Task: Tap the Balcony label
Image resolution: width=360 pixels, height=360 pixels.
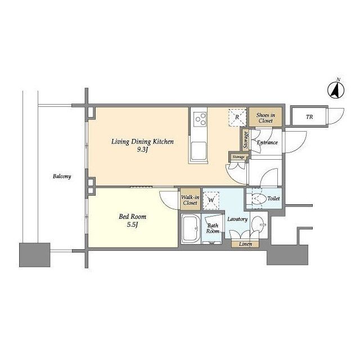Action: point(62,176)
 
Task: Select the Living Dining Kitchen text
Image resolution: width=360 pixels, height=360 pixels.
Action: point(142,142)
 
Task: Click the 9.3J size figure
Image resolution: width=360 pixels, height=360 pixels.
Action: point(142,150)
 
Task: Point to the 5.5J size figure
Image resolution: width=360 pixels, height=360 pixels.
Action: point(132,224)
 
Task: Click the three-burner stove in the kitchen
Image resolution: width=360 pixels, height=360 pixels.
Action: point(200,119)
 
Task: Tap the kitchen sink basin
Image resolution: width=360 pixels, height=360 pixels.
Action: point(199,150)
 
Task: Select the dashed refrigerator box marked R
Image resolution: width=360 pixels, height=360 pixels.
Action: point(237,118)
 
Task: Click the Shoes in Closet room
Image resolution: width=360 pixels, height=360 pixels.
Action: point(265,117)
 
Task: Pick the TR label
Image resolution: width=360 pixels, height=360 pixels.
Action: point(309,116)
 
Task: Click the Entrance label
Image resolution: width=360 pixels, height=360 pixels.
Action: point(267,142)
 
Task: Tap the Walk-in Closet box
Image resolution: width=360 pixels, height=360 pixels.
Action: point(190,199)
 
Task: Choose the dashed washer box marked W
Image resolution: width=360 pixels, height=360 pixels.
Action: point(211,201)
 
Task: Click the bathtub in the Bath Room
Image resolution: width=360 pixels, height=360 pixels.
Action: point(191,229)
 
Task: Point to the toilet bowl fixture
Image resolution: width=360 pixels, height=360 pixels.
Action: point(258,199)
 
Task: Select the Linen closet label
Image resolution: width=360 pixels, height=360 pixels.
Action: point(245,244)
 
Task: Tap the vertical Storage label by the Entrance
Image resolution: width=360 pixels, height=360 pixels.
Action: point(246,140)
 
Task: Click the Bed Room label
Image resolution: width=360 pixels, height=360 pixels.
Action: point(133,217)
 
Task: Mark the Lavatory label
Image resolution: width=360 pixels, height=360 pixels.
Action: point(237,219)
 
